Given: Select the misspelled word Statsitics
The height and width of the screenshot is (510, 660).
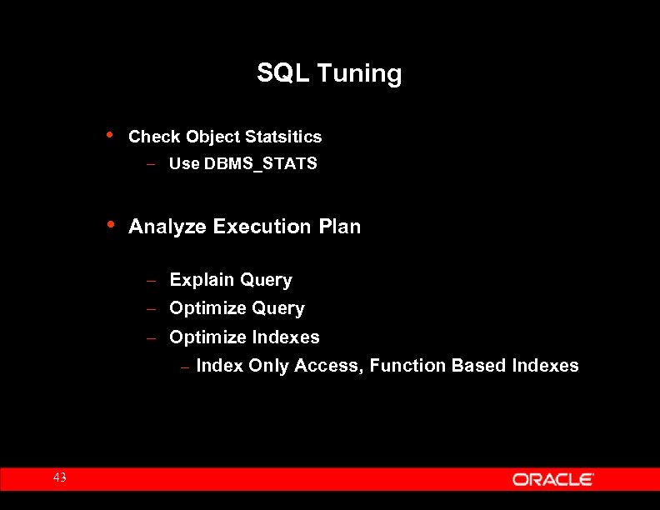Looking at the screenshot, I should click(x=282, y=137).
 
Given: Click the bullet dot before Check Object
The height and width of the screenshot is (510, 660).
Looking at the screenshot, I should click(x=111, y=134).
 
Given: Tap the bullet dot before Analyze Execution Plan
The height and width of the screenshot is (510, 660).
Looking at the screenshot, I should click(x=111, y=224).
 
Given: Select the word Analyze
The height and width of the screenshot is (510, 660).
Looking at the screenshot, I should click(x=167, y=227).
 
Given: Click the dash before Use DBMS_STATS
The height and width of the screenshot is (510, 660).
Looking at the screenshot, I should click(x=151, y=165).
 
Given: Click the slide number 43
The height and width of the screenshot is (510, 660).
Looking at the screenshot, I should click(x=59, y=477).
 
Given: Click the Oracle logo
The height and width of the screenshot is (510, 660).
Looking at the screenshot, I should click(x=552, y=479).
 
